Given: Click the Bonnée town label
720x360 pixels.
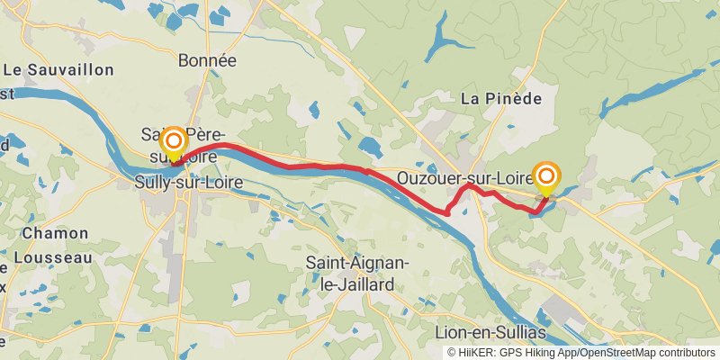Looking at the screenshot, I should tap(207, 61).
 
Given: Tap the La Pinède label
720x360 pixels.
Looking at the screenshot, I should tap(501, 98).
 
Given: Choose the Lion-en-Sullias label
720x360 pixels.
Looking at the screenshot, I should tap(490, 332).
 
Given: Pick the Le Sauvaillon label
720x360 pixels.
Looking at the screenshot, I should tap(58, 70).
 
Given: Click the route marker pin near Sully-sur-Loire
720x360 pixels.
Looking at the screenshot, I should tap(173, 144).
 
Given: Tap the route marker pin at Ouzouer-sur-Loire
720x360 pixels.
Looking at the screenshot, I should tap(546, 175).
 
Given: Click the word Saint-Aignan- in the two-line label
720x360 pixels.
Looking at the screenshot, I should tap(360, 263).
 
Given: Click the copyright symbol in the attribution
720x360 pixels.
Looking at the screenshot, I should tap(453, 353).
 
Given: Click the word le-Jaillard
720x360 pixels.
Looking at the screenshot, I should tap(360, 284).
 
